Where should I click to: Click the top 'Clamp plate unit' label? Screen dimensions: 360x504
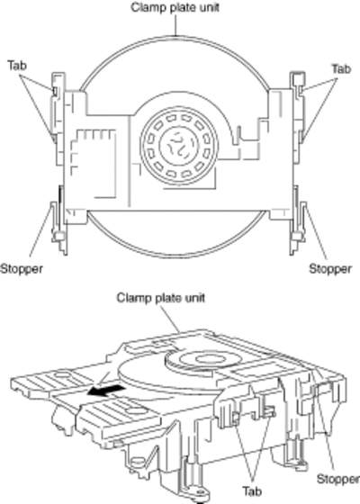(x=175, y=8)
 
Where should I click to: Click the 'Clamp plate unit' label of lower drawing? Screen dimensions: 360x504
(x=161, y=298)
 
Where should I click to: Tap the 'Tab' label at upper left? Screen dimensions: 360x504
(x=17, y=66)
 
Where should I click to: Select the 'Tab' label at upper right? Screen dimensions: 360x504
(x=341, y=68)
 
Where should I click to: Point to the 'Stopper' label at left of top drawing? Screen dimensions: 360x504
(x=22, y=268)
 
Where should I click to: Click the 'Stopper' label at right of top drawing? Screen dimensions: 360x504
(x=330, y=269)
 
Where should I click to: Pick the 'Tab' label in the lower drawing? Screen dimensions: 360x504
(x=252, y=491)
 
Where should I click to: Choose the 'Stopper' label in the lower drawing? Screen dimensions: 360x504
(x=338, y=479)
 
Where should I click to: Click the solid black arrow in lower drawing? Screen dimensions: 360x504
(x=107, y=391)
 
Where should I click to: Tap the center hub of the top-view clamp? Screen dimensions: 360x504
(x=177, y=146)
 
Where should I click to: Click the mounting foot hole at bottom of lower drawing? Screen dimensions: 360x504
(x=200, y=491)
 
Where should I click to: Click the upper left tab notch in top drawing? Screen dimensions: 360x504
(x=55, y=91)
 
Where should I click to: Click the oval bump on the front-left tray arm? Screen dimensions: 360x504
(x=136, y=410)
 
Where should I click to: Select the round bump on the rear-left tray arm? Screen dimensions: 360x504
(x=61, y=374)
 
